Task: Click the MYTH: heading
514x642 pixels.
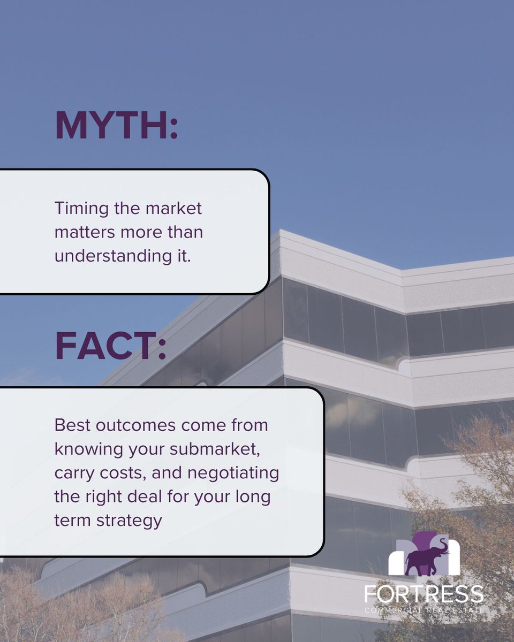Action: pos(116,126)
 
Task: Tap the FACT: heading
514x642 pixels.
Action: pos(110,346)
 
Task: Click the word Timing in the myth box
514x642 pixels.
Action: pos(79,209)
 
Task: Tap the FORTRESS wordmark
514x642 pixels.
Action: pos(424,594)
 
